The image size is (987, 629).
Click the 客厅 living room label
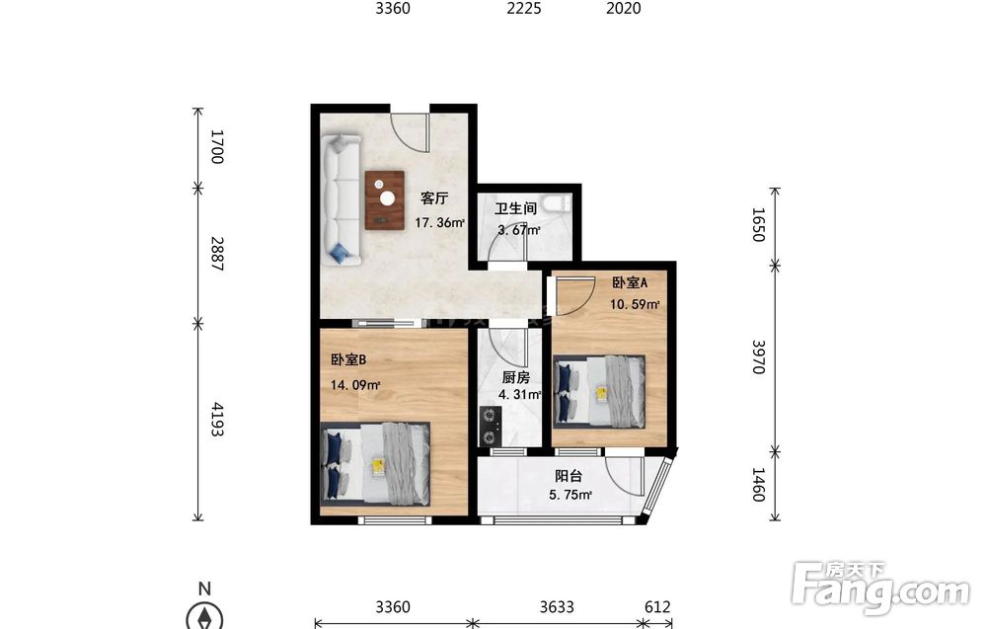click(434, 198)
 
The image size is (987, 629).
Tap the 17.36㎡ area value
click(439, 222)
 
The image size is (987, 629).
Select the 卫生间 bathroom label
click(515, 208)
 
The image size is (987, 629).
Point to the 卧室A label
click(630, 283)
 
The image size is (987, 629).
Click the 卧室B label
click(348, 359)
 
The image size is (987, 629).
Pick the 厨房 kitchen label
click(515, 378)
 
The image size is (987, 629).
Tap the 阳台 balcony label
click(569, 477)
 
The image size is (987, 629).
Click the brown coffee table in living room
click(385, 200)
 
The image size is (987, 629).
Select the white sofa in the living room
click(342, 199)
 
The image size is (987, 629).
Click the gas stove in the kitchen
click(491, 427)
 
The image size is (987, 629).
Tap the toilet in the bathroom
click(557, 204)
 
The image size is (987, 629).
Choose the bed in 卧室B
click(376, 463)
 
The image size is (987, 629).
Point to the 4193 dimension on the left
click(217, 420)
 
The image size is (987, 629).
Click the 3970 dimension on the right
click(759, 357)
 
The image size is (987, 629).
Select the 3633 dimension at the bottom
click(557, 607)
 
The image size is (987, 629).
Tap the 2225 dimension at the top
click(524, 8)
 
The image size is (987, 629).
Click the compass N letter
click(204, 590)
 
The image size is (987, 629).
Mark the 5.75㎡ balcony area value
click(570, 495)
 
